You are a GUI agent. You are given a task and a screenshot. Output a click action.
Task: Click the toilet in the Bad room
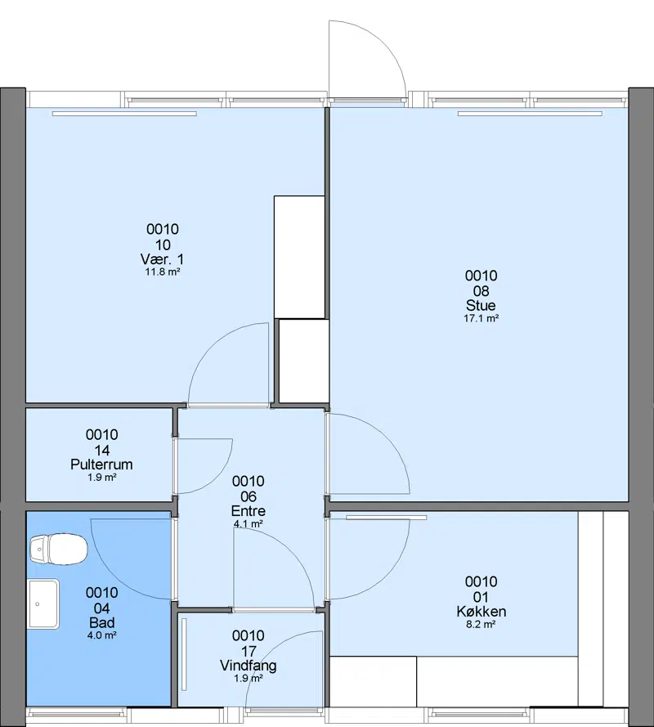[58, 550]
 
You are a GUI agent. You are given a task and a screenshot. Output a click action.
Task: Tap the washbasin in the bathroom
[43, 604]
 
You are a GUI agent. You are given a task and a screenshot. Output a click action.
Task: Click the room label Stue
[482, 306]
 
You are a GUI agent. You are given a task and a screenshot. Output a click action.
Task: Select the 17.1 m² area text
[482, 319]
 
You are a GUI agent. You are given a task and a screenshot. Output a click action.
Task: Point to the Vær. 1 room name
[162, 259]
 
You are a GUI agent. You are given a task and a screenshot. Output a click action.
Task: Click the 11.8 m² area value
[162, 272]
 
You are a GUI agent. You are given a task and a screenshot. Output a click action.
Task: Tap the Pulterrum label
[101, 464]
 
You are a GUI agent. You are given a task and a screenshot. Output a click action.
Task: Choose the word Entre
[249, 511]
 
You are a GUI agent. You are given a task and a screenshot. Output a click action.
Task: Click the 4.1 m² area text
[249, 524]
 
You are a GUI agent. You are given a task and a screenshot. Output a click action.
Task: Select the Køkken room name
[482, 612]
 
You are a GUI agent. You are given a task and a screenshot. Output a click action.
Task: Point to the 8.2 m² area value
[482, 625]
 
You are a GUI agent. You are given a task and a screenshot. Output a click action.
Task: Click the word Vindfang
[249, 666]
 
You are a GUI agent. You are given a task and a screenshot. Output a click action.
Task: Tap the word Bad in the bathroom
[101, 622]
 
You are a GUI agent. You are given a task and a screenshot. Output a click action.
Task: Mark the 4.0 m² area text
[101, 635]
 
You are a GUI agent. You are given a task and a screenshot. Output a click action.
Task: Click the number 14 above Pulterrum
[101, 451]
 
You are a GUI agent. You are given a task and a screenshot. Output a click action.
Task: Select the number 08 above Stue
[482, 290]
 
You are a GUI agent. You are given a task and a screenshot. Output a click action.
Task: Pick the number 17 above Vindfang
[249, 651]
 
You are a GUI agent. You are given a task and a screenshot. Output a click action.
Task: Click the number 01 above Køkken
[482, 597]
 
